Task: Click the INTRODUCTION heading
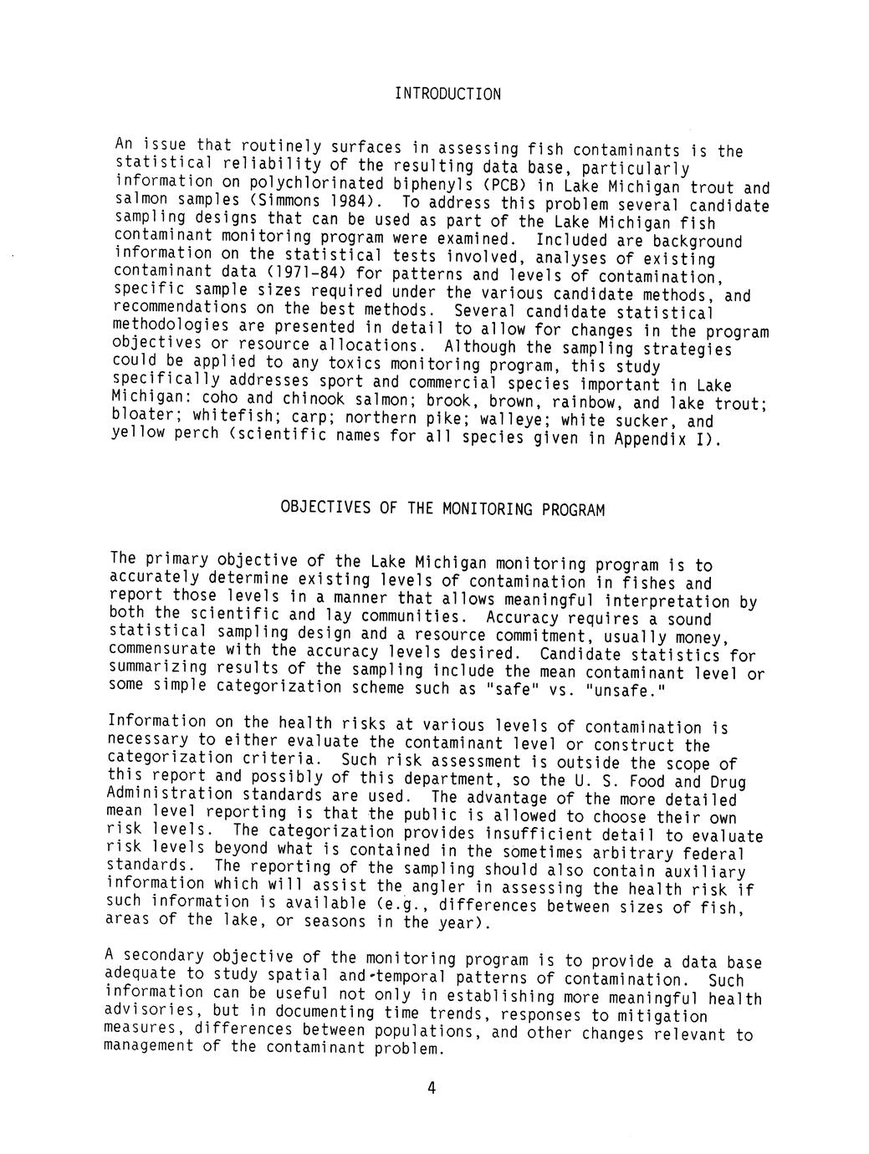[x=447, y=94]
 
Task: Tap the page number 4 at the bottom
[x=432, y=1088]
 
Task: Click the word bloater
[x=141, y=415]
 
